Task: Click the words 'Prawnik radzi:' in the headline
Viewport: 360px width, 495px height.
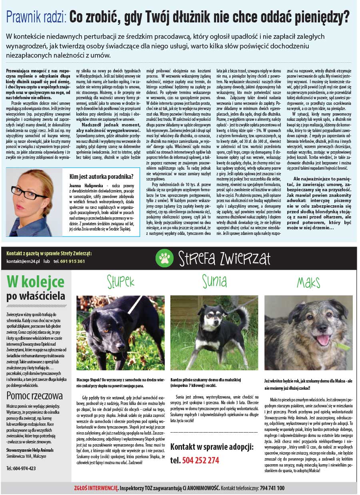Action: pos(37,17)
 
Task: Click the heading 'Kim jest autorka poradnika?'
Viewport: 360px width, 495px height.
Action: pos(102,176)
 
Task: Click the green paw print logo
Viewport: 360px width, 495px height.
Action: pos(163,258)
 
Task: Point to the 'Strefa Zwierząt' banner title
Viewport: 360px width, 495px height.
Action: pos(224,258)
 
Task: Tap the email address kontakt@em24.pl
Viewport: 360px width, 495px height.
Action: pos(23,261)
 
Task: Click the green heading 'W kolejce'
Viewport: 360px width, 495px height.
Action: pos(35,283)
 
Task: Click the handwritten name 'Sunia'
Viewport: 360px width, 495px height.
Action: pos(214,282)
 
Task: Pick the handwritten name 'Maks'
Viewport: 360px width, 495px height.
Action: pos(308,283)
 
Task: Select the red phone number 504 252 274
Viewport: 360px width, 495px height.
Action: pos(200,460)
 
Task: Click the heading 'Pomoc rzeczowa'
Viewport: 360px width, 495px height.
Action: pos(34,396)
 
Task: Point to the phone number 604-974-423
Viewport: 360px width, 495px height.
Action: pos(21,469)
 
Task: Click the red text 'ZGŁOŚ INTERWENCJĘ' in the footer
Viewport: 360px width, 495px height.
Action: pos(96,488)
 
